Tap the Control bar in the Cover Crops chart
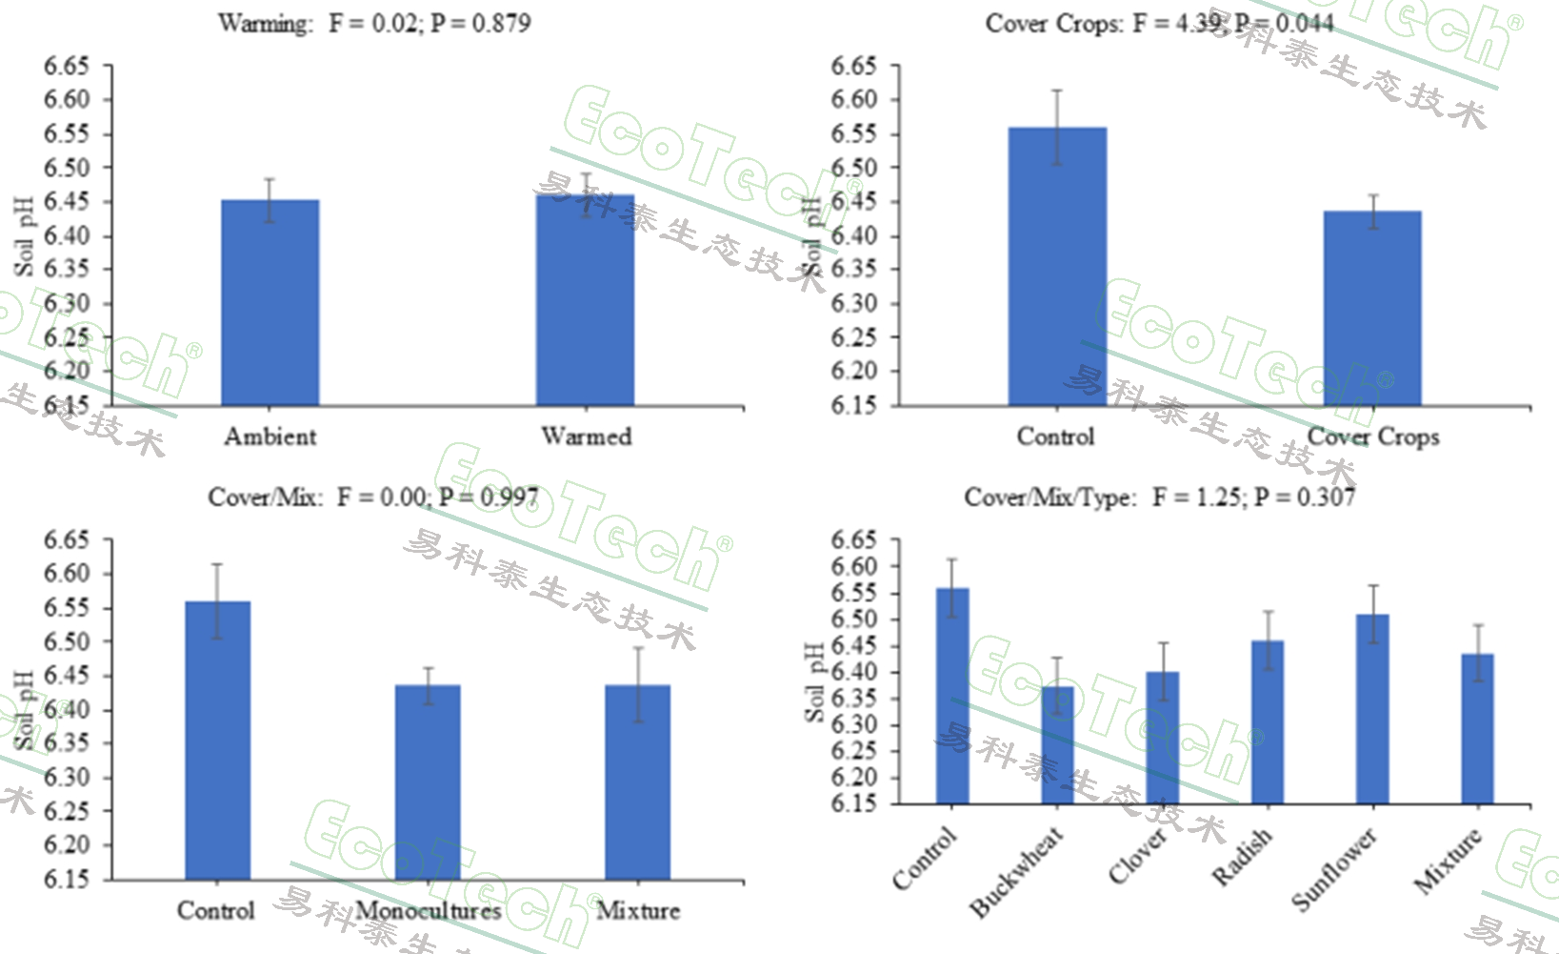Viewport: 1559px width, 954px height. pos(1057,267)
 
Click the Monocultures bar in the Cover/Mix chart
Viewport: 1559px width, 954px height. pos(428,781)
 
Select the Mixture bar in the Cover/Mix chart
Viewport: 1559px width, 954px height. pos(638,781)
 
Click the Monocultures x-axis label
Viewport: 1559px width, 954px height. pos(428,911)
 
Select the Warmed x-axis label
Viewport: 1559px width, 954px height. pos(586,436)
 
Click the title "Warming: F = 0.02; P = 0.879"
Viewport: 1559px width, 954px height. pos(374,22)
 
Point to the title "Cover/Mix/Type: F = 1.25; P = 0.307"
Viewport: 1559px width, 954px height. pos(1159,497)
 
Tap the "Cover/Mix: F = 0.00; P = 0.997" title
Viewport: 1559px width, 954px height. pos(372,497)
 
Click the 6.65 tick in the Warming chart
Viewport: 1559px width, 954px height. pos(67,66)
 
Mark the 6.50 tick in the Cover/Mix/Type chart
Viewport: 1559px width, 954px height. pos(853,619)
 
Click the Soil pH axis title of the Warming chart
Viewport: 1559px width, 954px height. pos(25,236)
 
